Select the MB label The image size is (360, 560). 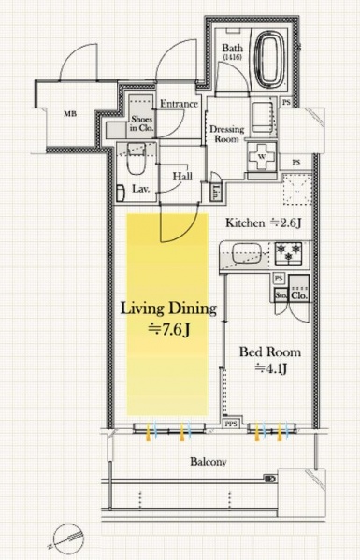tap(69, 115)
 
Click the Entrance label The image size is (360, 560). tap(178, 104)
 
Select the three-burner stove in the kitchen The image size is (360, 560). tap(288, 252)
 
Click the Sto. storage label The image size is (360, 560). tap(280, 294)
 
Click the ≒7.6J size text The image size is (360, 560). tap(167, 328)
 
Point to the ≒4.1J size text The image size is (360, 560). tap(270, 368)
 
